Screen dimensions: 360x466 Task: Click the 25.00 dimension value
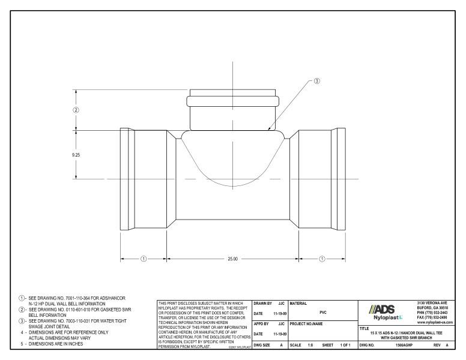(232, 259)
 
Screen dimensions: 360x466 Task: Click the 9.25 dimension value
(76, 155)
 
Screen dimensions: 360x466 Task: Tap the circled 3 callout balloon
(317, 81)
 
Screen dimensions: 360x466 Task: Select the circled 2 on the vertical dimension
(76, 110)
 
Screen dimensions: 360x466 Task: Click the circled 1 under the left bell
(144, 259)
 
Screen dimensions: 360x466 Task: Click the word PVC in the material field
(322, 312)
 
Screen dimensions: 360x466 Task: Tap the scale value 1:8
(310, 346)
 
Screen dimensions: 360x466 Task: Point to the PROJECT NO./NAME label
(311, 323)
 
